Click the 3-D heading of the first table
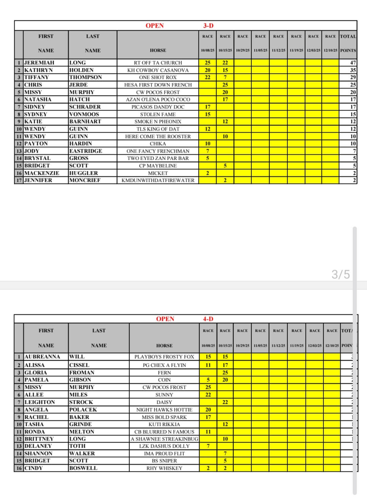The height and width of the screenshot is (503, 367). point(208,25)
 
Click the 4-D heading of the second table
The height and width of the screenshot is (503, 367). point(208,319)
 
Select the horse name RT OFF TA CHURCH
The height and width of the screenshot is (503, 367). point(158,63)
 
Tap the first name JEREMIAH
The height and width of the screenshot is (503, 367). point(39,63)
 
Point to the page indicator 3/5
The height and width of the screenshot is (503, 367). point(340,274)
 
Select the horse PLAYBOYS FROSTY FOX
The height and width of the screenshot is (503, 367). point(164,357)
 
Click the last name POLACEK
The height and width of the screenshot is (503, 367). point(83,410)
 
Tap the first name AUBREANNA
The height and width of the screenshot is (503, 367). point(42,357)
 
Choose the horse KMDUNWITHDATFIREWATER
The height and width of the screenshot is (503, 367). point(158,180)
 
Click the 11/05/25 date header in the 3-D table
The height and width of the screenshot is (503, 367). point(260,50)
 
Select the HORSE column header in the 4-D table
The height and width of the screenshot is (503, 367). point(164,346)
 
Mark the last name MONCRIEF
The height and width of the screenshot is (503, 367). point(85,180)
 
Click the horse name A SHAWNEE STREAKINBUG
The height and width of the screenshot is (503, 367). point(164,439)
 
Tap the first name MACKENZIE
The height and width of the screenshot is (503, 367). point(42,173)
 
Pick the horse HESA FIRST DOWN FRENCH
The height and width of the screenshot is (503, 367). point(158,85)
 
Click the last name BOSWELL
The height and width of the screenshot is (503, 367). point(83,468)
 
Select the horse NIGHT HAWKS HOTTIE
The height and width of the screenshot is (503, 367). point(164,410)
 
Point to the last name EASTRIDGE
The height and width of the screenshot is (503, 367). point(85,151)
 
